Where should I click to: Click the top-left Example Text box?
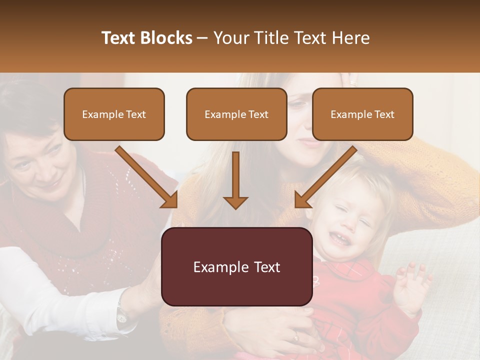coord(114,114)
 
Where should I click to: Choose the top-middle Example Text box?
coord(236,114)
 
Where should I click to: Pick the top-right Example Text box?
coord(362,114)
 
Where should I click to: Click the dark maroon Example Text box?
coord(236,266)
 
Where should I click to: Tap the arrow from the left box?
coord(147,177)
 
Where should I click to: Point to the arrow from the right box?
coord(325,177)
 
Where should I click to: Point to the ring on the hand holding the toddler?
coord(296,337)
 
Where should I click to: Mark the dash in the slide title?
coord(202,38)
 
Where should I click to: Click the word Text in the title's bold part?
coord(120,38)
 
